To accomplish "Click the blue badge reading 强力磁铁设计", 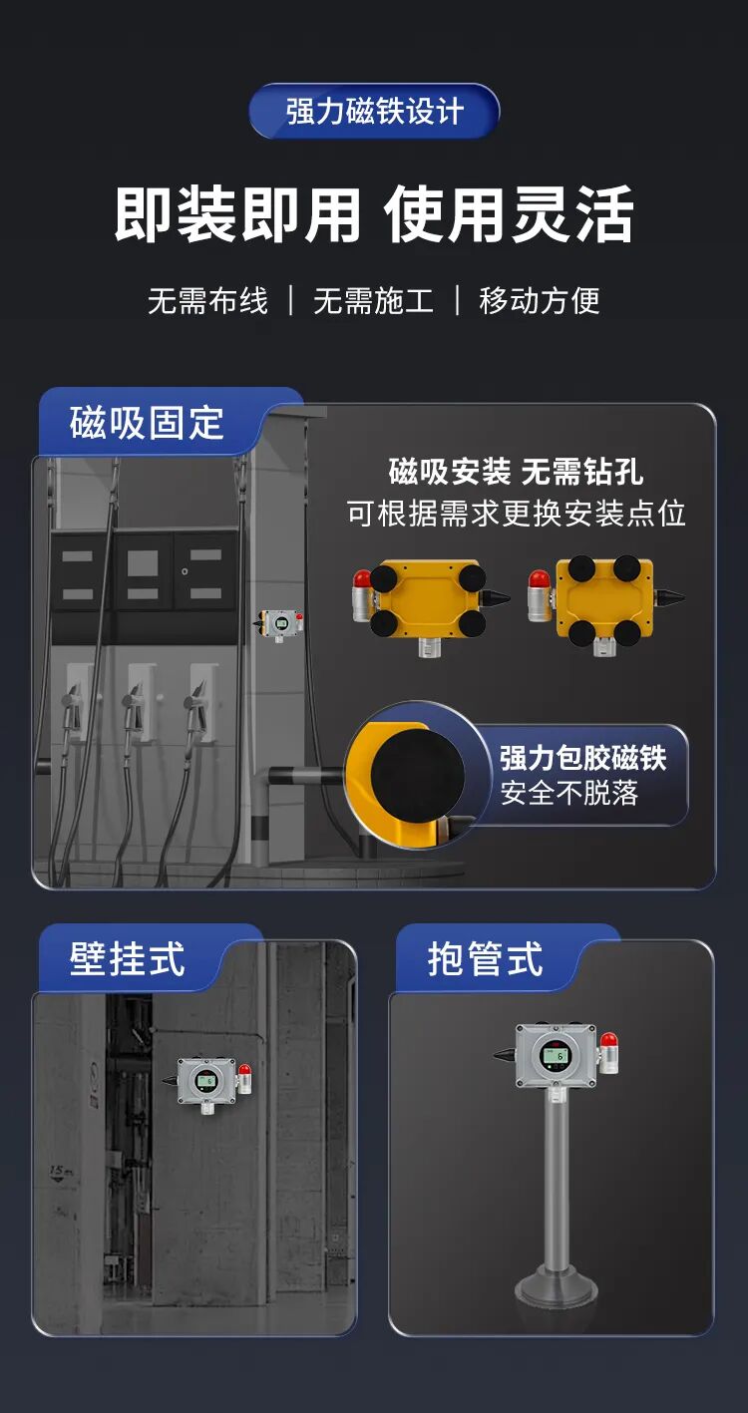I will [x=374, y=111].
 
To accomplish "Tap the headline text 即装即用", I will [x=236, y=213].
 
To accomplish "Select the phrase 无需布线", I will [x=207, y=301].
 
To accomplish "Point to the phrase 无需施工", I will [x=373, y=301].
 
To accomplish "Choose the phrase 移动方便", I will [x=540, y=301].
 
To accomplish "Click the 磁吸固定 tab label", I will [x=147, y=423].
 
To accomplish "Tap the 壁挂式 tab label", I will [x=127, y=959].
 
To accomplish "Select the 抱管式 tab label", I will [x=485, y=959].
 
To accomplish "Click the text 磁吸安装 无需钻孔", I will [x=516, y=471].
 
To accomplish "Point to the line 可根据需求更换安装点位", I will [x=516, y=514].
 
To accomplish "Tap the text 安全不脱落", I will [x=568, y=795].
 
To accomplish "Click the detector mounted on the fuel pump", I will [x=280, y=626].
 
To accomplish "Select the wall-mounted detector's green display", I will [x=206, y=1080].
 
